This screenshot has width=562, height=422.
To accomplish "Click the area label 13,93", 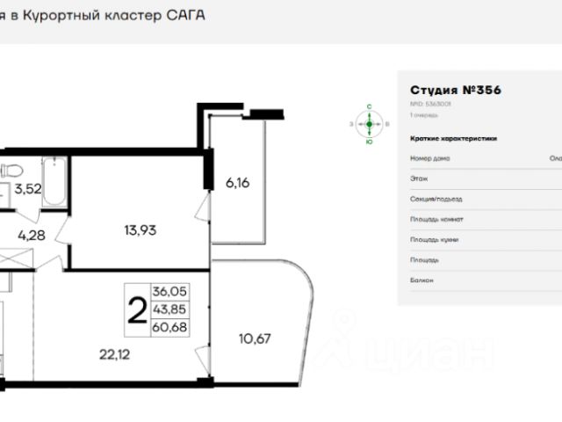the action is (x=140, y=231).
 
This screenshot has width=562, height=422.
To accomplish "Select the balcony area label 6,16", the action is (x=238, y=183).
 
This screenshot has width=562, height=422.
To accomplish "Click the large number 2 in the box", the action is (x=136, y=310).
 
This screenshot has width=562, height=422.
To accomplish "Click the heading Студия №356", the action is (x=455, y=91).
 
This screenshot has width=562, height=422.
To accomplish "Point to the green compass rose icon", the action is (x=370, y=124).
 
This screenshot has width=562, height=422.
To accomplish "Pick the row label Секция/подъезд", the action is (x=436, y=200).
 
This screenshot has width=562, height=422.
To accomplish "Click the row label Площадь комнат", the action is (x=436, y=220).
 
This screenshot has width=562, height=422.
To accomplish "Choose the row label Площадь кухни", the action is (x=434, y=240).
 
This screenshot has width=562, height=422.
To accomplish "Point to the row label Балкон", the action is (x=421, y=280).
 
